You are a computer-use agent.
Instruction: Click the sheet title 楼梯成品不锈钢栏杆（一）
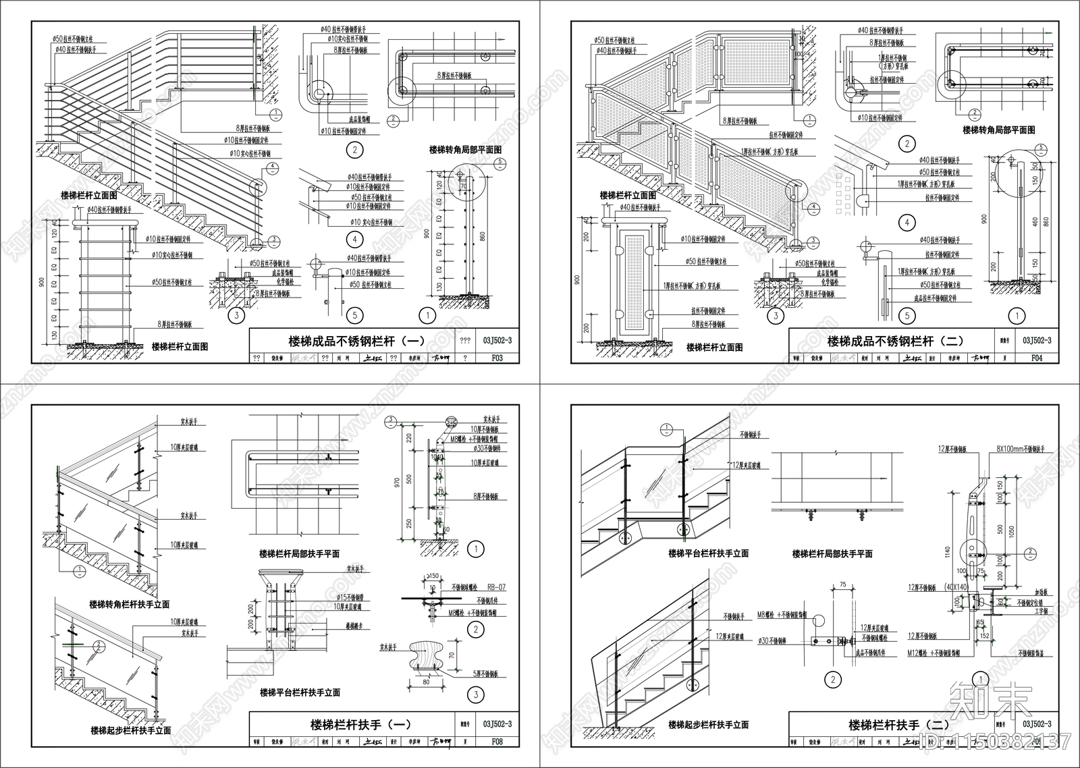[356, 341]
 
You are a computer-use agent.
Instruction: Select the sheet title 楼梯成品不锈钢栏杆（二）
[895, 341]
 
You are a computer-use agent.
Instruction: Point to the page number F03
[497, 358]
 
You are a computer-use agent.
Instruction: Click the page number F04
[1036, 358]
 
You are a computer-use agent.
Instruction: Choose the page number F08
[497, 742]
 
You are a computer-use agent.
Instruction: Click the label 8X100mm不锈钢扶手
[1020, 449]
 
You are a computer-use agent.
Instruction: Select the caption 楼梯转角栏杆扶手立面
[129, 605]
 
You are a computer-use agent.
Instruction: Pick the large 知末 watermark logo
[990, 702]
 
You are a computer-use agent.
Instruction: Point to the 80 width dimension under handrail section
[426, 682]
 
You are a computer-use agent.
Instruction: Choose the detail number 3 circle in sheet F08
[476, 694]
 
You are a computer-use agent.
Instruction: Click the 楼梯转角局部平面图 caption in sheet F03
[465, 150]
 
